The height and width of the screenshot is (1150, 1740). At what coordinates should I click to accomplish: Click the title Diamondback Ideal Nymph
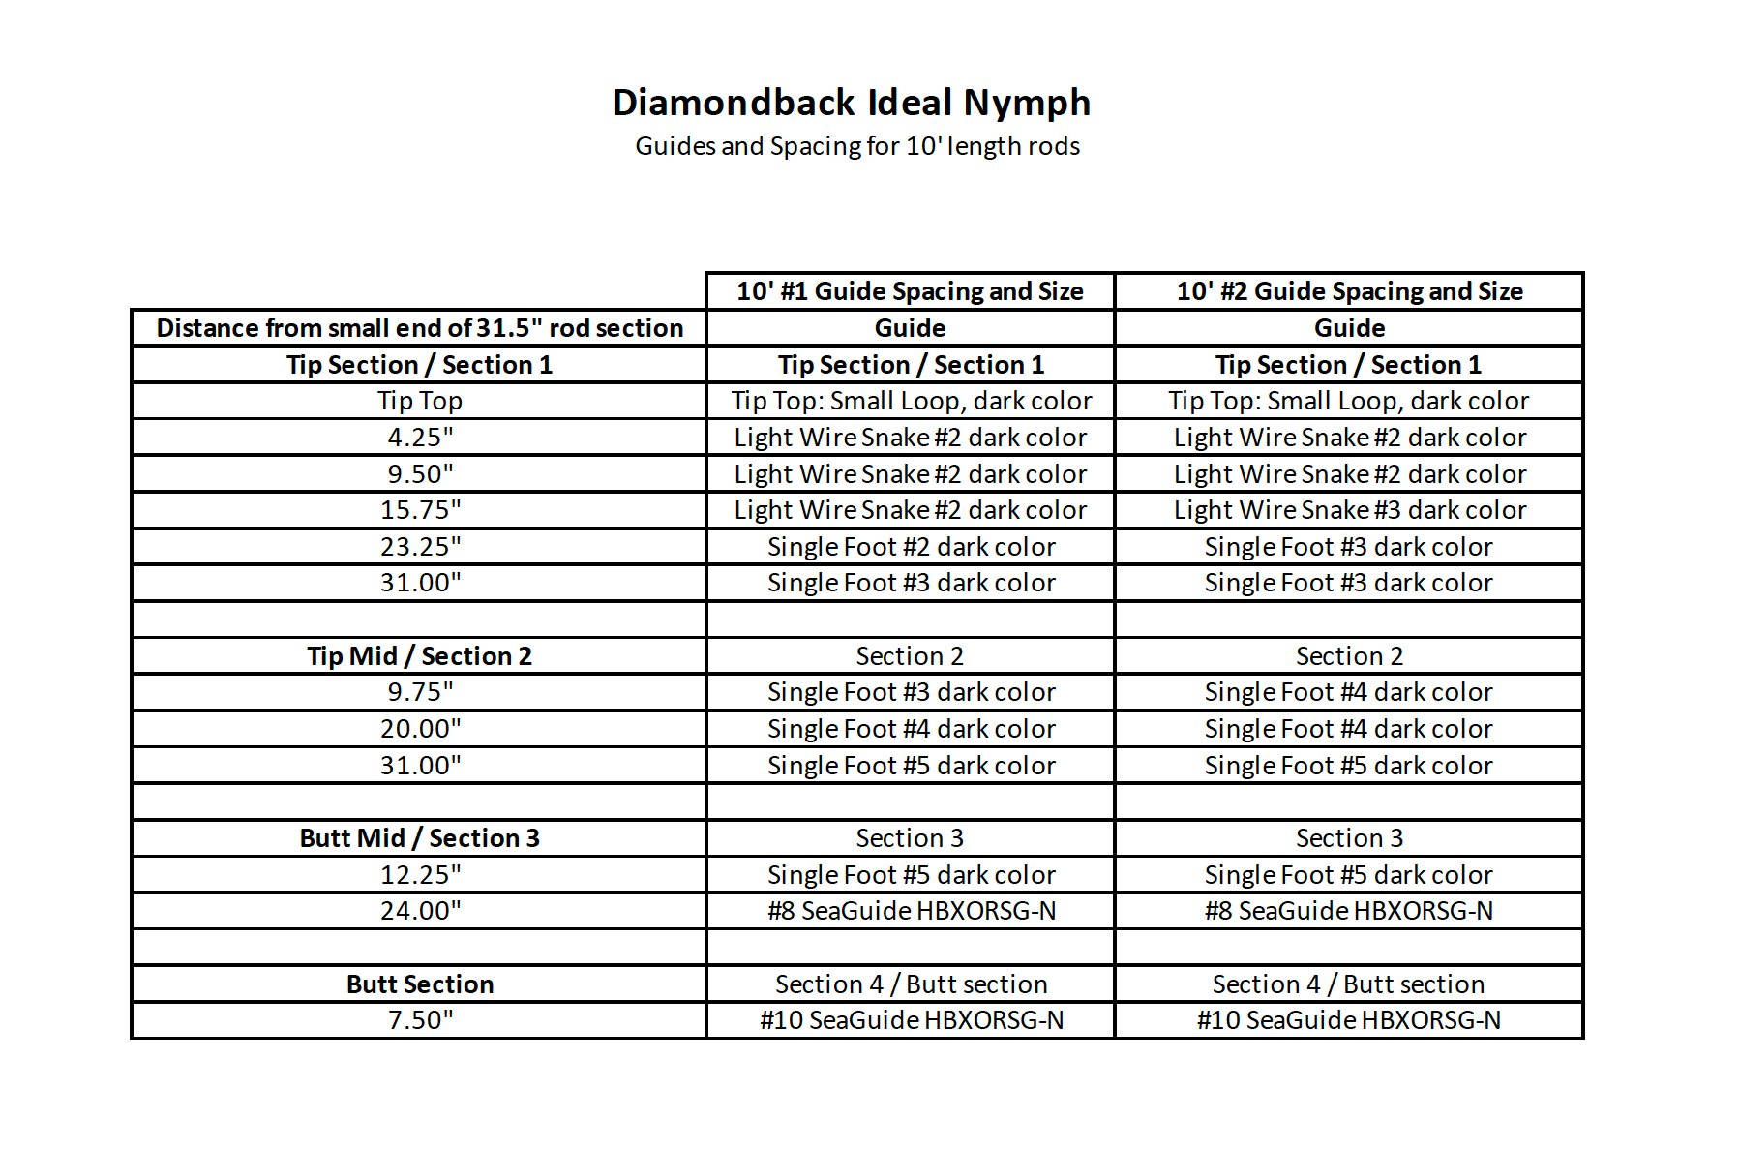pyautogui.click(x=852, y=103)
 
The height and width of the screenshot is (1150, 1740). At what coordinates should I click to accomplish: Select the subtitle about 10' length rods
pyautogui.click(x=857, y=146)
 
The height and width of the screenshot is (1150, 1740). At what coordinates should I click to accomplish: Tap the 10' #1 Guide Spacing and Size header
pyautogui.click(x=910, y=291)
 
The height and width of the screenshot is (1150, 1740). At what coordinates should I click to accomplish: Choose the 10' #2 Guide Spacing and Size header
pyautogui.click(x=1349, y=291)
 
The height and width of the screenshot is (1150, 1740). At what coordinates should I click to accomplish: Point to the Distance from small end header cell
pyautogui.click(x=419, y=328)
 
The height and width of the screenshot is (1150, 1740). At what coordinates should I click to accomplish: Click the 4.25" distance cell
pyautogui.click(x=420, y=438)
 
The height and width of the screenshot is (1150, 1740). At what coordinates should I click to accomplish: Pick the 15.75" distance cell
pyautogui.click(x=420, y=510)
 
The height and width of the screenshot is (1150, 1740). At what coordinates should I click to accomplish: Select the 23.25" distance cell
pyautogui.click(x=420, y=547)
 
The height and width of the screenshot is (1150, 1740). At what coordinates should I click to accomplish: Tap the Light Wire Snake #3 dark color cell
pyautogui.click(x=1349, y=510)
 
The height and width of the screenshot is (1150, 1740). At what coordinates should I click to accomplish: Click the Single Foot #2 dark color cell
pyautogui.click(x=911, y=547)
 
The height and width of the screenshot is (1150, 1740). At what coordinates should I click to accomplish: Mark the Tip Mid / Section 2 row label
pyautogui.click(x=419, y=656)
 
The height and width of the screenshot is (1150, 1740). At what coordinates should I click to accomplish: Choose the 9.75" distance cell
pyautogui.click(x=420, y=692)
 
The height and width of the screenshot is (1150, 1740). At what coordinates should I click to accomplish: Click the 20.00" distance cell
pyautogui.click(x=420, y=729)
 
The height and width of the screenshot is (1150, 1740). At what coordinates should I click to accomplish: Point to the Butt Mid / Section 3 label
pyautogui.click(x=419, y=838)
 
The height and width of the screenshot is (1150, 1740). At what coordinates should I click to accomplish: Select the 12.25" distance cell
pyautogui.click(x=420, y=875)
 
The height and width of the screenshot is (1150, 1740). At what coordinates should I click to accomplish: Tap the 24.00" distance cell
pyautogui.click(x=420, y=911)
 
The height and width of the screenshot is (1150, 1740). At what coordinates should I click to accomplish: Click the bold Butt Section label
pyautogui.click(x=419, y=984)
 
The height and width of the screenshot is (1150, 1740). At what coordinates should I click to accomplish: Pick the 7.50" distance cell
pyautogui.click(x=420, y=1020)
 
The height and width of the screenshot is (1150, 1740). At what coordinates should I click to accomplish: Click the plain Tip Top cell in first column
pyautogui.click(x=420, y=401)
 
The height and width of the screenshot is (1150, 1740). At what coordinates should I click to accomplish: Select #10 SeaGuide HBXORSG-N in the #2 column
pyautogui.click(x=1349, y=1020)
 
